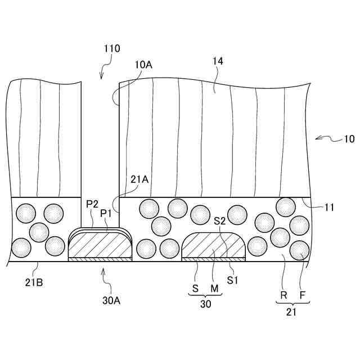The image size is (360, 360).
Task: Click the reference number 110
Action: (111, 49)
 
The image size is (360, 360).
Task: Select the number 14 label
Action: (218, 62)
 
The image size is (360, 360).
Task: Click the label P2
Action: (93, 203)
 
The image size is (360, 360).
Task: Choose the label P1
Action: (106, 213)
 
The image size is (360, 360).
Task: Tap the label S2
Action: (220, 221)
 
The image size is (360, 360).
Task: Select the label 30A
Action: (111, 300)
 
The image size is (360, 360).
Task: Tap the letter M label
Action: (214, 289)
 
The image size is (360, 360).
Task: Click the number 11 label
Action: (330, 207)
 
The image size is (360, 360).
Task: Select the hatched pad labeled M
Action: (214, 246)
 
